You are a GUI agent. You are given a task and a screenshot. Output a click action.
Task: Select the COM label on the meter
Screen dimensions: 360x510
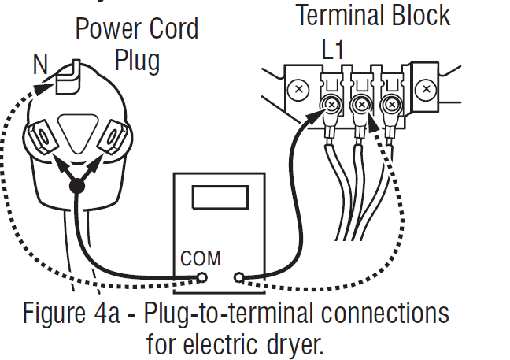201,258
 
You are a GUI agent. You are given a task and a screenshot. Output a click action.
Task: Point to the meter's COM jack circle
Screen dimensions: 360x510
201,277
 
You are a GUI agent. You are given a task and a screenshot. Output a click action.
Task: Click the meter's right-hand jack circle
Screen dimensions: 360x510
239,277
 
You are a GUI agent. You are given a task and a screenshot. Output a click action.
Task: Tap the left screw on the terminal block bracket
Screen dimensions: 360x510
298,90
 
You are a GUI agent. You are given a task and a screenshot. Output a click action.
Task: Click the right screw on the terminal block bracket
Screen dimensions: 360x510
427,90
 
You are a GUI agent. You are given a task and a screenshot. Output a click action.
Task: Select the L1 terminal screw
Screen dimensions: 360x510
331,103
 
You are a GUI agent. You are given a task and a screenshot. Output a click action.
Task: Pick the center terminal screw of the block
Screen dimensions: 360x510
361,102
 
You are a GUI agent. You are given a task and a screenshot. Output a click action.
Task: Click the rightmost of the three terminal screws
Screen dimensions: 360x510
390,102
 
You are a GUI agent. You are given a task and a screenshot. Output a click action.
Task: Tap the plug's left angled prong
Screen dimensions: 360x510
41,140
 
